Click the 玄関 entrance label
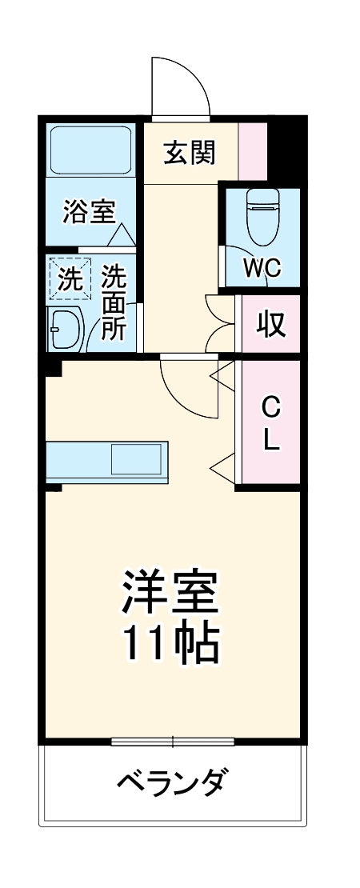[190, 152]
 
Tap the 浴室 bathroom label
[89, 212]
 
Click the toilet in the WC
[262, 216]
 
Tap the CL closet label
[272, 422]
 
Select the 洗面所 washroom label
[114, 304]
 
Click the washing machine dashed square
[69, 279]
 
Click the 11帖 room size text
[170, 645]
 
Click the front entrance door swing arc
[181, 86]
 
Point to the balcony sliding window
[173, 740]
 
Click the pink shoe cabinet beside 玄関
[254, 152]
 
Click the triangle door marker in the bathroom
[122, 235]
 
